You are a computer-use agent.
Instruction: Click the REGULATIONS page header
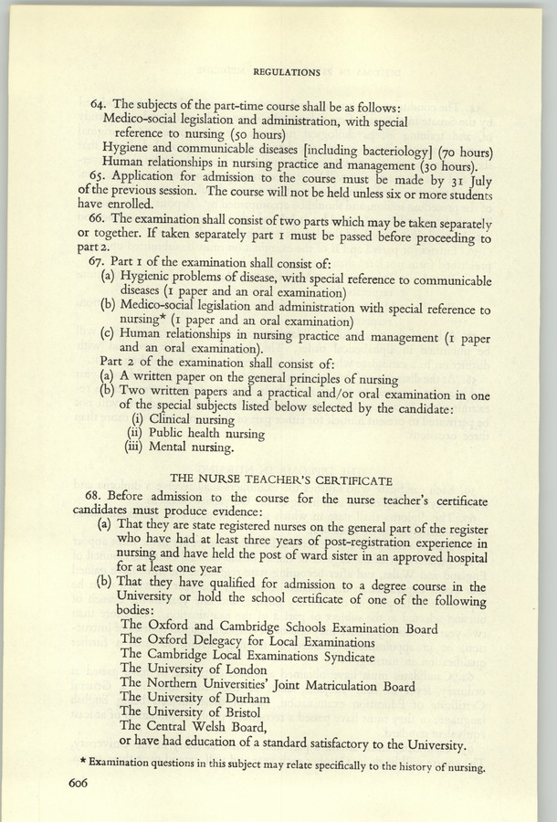(x=286, y=70)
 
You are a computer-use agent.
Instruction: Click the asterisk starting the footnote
(x=70, y=763)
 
